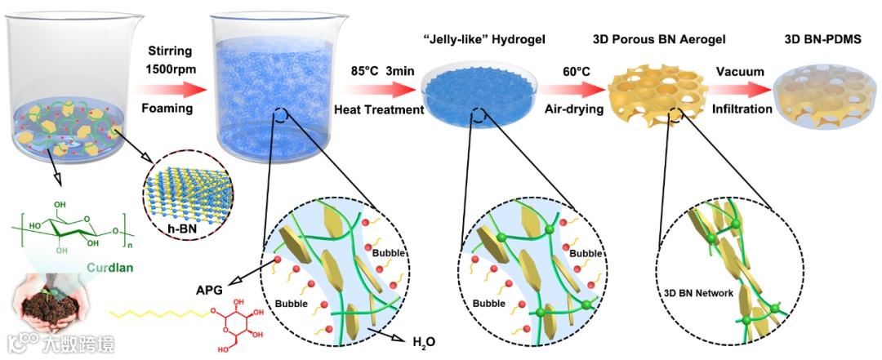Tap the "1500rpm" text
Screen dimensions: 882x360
(x=169, y=68)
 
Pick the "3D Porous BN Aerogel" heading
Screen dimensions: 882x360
(x=658, y=38)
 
